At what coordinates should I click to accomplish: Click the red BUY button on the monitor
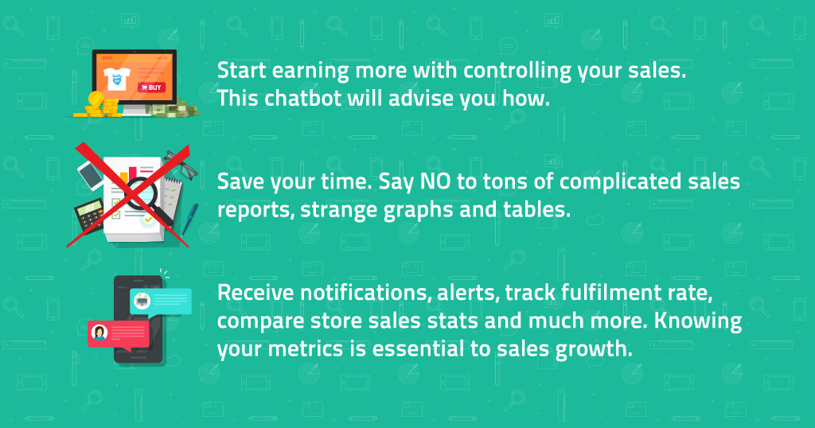pos(152,88)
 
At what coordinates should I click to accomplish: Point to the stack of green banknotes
pos(172,108)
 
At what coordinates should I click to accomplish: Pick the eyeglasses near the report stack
pos(181,164)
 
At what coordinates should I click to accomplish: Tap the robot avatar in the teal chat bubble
pos(142,300)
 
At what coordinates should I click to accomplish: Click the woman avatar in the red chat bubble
pos(99,332)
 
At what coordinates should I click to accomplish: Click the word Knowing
pos(697,321)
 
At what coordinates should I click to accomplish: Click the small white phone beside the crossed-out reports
pos(91,174)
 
